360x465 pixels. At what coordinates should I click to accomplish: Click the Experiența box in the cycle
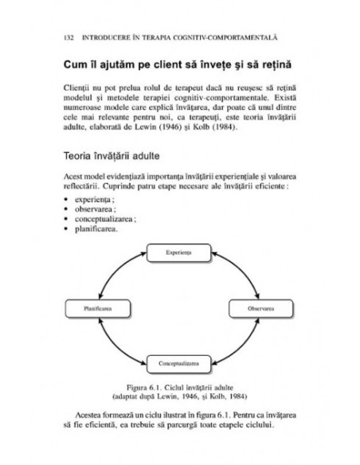179,252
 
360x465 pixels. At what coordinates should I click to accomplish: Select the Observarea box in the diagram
260,307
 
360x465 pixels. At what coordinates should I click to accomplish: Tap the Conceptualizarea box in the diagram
179,363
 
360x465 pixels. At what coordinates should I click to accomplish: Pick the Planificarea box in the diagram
98,307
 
